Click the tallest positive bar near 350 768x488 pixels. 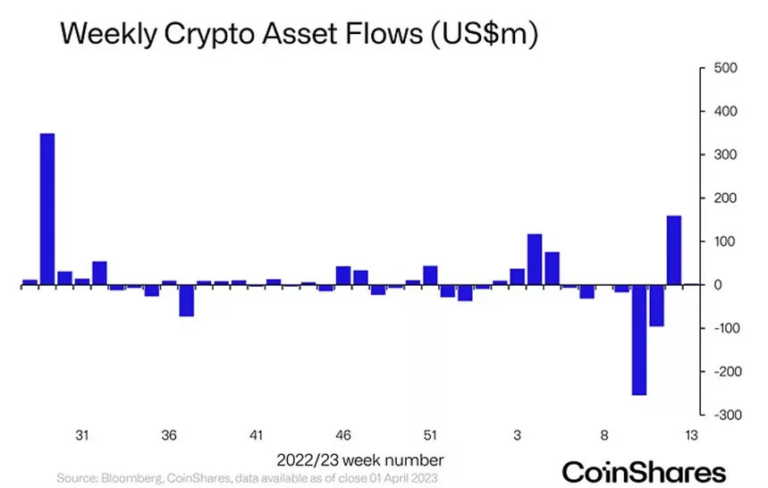click(x=47, y=209)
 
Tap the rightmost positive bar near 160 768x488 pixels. click(x=673, y=250)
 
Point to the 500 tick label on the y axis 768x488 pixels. click(x=723, y=69)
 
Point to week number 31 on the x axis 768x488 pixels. click(x=81, y=435)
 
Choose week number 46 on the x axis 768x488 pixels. click(x=343, y=435)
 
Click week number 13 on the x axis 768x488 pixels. click(x=691, y=435)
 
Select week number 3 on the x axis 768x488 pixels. click(x=518, y=435)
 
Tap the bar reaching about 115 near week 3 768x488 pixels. click(x=535, y=259)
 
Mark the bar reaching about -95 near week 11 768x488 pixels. click(x=656, y=306)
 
